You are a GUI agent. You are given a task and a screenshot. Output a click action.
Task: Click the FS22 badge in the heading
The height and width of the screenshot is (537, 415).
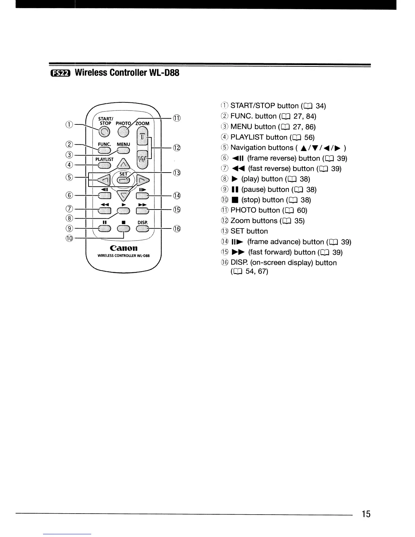[x=59, y=73]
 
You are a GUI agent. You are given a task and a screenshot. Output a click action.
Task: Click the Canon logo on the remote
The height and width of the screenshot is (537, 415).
[x=123, y=248]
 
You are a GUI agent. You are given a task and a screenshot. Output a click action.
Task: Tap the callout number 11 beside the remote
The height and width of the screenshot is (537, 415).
[x=177, y=118]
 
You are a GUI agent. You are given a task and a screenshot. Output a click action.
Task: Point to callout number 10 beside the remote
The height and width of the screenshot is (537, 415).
[x=70, y=237]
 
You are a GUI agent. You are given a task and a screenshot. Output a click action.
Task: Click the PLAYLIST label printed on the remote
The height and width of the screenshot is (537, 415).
[x=104, y=159]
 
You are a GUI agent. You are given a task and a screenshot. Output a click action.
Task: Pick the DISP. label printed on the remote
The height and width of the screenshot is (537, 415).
[x=143, y=223]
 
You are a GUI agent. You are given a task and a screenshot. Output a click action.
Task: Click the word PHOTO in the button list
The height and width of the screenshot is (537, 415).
[x=243, y=211]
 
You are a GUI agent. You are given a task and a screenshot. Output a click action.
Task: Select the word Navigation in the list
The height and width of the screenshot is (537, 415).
[x=250, y=148]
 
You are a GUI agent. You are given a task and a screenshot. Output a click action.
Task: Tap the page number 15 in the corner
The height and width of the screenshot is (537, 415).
[x=366, y=515]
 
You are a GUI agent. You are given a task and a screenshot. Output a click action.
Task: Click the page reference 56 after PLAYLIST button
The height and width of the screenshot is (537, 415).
[x=309, y=137]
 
